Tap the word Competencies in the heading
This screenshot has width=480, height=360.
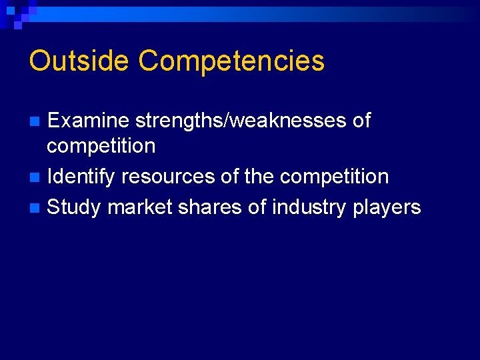(231, 62)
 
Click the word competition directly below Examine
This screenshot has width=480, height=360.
(101, 146)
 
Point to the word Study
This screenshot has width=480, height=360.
(74, 208)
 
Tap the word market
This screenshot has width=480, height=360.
(140, 207)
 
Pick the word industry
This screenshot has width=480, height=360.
(309, 207)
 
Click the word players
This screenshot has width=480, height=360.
(387, 208)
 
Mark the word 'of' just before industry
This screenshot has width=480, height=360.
(257, 207)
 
